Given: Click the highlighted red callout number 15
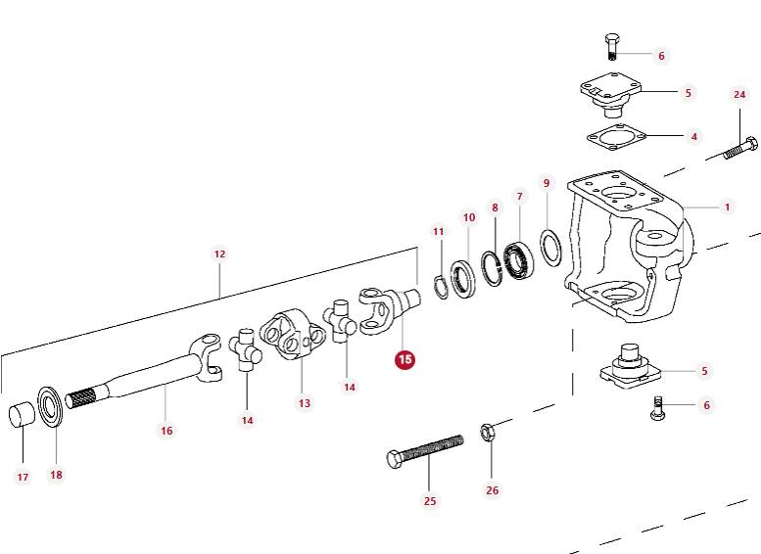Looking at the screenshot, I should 404,359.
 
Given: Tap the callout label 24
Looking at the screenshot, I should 739,95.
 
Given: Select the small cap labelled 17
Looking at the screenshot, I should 23,414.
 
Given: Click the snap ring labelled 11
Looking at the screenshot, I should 442,286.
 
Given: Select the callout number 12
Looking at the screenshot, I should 219,254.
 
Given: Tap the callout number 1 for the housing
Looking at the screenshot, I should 727,207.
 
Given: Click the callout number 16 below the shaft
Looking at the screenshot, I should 166,431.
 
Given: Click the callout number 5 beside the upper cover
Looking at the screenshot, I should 688,93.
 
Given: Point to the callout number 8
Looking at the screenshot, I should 495,208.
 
